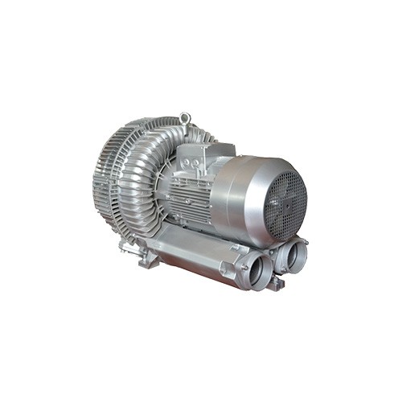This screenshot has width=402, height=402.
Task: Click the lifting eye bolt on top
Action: pyautogui.click(x=186, y=119)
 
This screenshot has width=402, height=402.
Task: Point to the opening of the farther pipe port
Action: pyautogui.click(x=293, y=253)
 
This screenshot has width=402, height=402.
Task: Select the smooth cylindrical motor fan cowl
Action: pyautogui.click(x=241, y=193)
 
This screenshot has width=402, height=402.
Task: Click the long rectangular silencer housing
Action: pyautogui.click(x=193, y=257)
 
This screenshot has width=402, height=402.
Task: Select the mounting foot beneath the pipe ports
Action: pyautogui.click(x=275, y=284)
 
